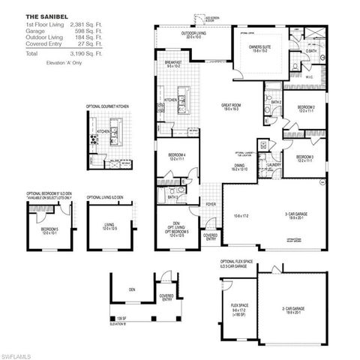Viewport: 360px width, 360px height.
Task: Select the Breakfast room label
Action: coord(173,64)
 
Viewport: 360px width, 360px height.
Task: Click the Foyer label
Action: coord(211,202)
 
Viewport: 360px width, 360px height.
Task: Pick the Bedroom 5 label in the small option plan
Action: coord(49,229)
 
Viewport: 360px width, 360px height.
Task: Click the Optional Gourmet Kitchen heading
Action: coord(107,107)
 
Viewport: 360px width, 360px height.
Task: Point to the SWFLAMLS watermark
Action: coord(21,352)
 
